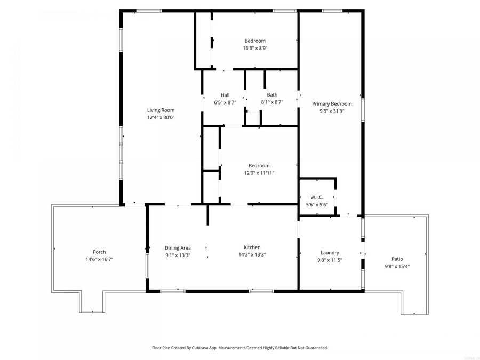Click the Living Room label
click(x=161, y=110)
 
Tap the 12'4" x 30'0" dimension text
click(x=161, y=117)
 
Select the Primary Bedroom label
click(x=332, y=104)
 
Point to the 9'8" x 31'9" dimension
click(x=332, y=111)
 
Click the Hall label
click(x=225, y=95)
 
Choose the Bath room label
click(x=272, y=95)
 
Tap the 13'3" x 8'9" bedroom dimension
click(x=255, y=48)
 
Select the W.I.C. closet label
click(x=317, y=197)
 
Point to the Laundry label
click(x=330, y=253)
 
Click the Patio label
click(x=397, y=259)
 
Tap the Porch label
click(x=99, y=252)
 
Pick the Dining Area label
click(x=178, y=247)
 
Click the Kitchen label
click(x=252, y=247)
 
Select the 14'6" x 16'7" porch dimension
click(x=99, y=259)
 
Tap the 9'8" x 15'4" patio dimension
click(x=397, y=266)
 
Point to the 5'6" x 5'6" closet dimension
click(x=317, y=204)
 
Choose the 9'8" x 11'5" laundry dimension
click(x=330, y=260)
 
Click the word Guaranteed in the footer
click(x=315, y=348)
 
